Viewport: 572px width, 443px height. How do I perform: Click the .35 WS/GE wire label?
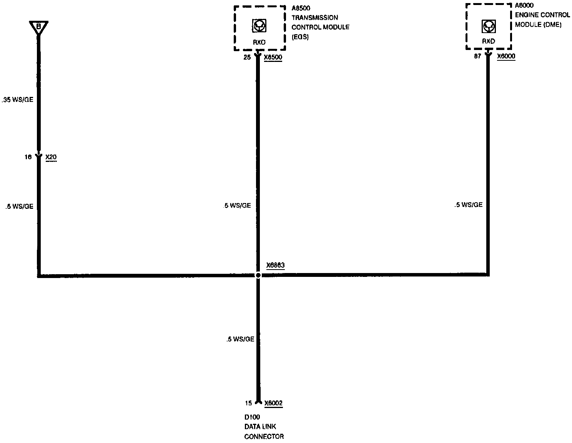click(x=17, y=100)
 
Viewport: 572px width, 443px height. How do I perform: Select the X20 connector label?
click(x=51, y=157)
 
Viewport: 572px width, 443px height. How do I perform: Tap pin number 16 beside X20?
click(x=28, y=157)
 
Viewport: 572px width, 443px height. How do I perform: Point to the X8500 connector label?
click(x=273, y=58)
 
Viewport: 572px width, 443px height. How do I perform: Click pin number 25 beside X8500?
click(x=247, y=58)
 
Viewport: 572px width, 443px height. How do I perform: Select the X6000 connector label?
click(x=506, y=56)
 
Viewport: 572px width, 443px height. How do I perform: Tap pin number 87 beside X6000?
click(x=477, y=56)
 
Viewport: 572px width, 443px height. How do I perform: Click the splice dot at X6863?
click(x=258, y=275)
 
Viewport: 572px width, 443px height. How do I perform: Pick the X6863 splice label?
click(x=275, y=265)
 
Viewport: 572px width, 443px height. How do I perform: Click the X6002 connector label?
click(x=273, y=403)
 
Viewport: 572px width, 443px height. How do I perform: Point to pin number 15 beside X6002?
click(x=248, y=403)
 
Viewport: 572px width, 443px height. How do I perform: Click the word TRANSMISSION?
click(x=315, y=18)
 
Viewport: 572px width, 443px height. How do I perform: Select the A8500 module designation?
click(x=301, y=8)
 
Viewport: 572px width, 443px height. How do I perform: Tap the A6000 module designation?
click(x=524, y=6)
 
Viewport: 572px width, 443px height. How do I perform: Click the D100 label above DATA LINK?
click(x=252, y=417)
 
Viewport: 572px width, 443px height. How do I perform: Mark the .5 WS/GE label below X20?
click(x=19, y=207)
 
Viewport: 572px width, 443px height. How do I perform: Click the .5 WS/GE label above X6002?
click(x=240, y=339)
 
